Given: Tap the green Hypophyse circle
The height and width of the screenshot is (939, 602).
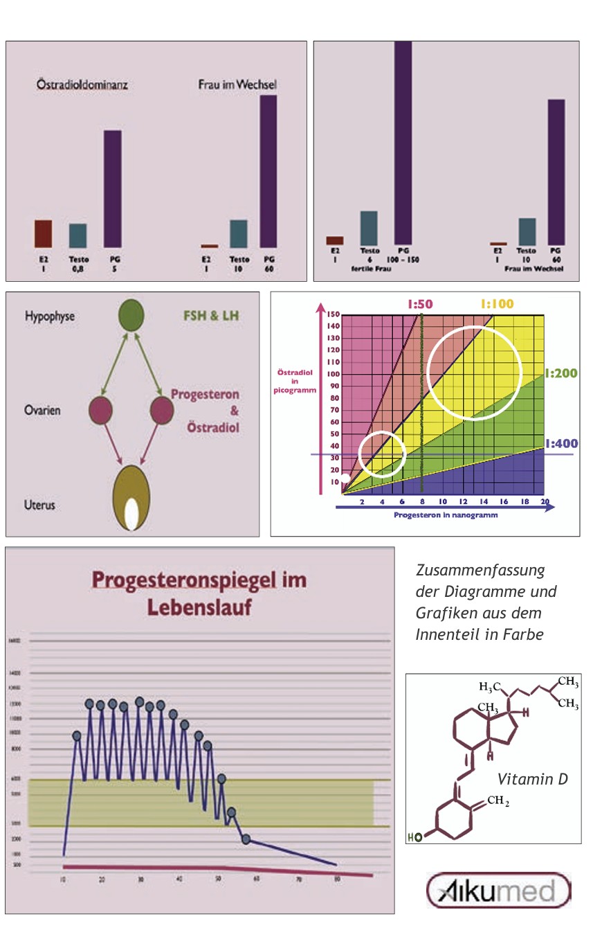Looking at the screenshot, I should pos(131,315).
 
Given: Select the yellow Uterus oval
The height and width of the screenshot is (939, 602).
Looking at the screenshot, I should pos(131,497).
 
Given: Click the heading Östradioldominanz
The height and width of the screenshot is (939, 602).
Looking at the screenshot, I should pos(82,86).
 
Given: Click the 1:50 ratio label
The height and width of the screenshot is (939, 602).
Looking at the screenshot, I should pos(420,303).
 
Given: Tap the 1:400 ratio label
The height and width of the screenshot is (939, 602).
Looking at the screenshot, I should pos(561,444).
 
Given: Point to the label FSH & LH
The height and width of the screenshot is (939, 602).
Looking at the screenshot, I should pos(217,316).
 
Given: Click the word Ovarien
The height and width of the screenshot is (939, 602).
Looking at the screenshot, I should pos(43,410).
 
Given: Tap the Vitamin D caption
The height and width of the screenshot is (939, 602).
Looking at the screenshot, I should pos(533,780).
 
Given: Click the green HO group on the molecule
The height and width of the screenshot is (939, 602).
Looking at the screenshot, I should pos(414,837).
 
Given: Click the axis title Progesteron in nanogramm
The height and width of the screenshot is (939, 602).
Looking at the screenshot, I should pos(446,515).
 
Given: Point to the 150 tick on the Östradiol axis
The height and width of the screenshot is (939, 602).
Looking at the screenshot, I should pos(334,314).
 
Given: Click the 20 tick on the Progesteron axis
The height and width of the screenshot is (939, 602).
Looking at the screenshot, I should pos(544,501).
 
